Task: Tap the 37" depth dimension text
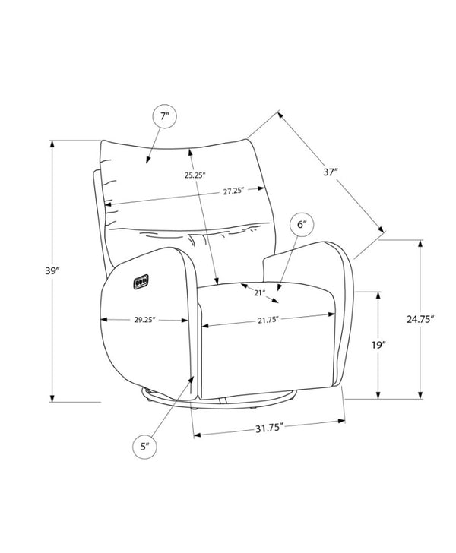coord(331,172)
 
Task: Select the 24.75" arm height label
coord(420,319)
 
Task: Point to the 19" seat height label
coord(378,345)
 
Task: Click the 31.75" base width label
coord(270,428)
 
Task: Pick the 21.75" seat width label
coord(268,320)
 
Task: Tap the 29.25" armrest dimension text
coord(144,320)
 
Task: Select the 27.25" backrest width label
coord(233,191)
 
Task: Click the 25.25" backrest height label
coord(195,175)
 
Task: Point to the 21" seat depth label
coord(259,292)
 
